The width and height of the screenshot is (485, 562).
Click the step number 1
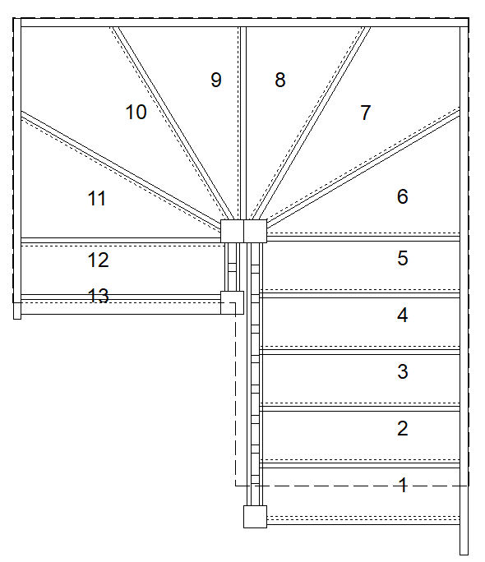(x=403, y=485)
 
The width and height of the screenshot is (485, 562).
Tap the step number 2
(x=403, y=428)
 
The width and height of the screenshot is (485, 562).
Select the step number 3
(x=403, y=371)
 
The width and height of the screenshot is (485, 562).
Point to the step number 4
(x=403, y=315)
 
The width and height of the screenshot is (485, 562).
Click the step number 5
(x=403, y=258)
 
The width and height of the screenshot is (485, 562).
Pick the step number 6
(x=403, y=196)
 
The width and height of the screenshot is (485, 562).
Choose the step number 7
(x=366, y=113)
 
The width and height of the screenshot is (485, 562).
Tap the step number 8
(x=280, y=80)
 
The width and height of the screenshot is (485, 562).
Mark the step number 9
(x=216, y=80)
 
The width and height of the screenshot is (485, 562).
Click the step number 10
(x=136, y=112)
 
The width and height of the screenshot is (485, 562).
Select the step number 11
(x=97, y=198)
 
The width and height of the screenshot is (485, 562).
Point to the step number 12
(x=98, y=260)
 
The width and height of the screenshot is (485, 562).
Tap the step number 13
(x=98, y=296)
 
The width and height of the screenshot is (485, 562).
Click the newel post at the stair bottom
(x=256, y=516)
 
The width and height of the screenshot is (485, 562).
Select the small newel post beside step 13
(x=233, y=302)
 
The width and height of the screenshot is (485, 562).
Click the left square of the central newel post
(x=233, y=231)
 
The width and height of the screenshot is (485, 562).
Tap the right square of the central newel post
(x=256, y=231)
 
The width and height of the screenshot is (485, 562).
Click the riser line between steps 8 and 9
(x=243, y=123)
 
